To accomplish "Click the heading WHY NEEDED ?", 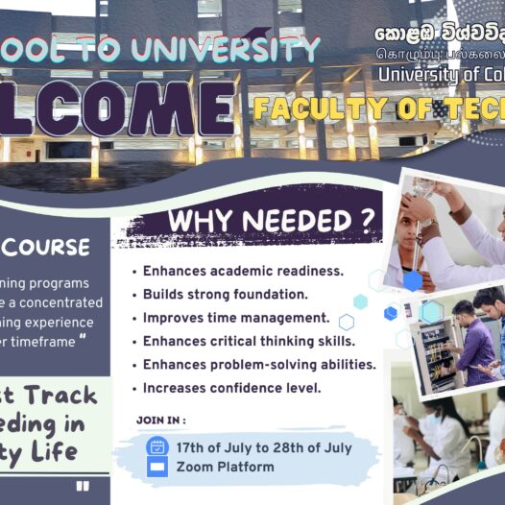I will coord(271,221).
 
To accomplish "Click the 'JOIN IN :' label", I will coord(161,420).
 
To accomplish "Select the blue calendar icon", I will coord(156,446).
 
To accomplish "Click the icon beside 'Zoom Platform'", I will coord(156,467).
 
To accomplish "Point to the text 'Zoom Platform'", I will coord(225,467).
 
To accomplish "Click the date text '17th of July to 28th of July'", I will coord(264,447).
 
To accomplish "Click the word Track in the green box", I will coord(59,395).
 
